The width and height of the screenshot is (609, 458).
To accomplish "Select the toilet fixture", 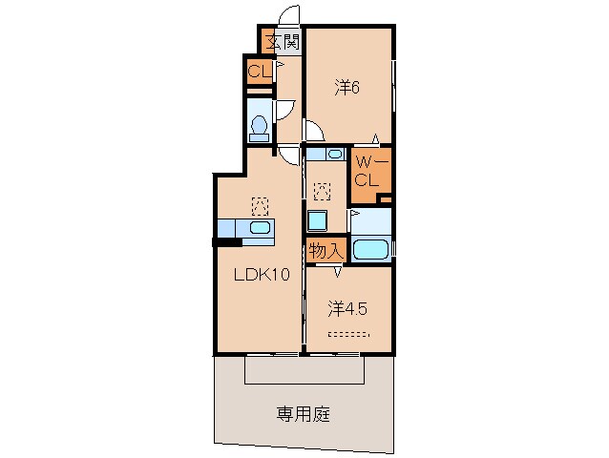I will coord(258,125).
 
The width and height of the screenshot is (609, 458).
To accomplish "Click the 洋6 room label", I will coord(346,87).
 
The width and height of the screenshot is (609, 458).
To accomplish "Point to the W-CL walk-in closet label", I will coord(367,172).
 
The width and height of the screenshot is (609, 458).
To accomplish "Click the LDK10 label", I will coord(262,275).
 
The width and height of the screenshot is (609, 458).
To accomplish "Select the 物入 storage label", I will coord(325,252).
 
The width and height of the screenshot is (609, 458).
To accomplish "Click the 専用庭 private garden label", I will coord(304,414).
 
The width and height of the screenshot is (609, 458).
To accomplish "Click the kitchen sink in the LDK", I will coord(257,228).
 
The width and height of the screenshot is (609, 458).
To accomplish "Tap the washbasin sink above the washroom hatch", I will coord(333,154).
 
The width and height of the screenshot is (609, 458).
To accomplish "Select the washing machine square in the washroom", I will coord(317,220).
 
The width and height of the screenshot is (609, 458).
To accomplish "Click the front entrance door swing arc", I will coord(288,16).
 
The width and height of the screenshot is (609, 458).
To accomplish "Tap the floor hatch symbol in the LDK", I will coord(258,203).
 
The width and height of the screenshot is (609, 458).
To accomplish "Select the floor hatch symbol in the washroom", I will coord(323,191).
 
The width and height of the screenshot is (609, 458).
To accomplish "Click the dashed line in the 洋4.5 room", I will coord(347,334).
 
